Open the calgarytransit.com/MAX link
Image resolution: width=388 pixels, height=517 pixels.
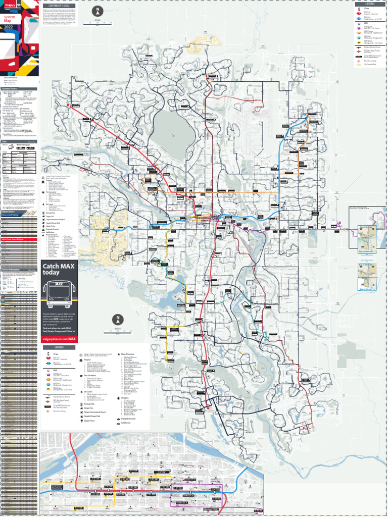point(59,338)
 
